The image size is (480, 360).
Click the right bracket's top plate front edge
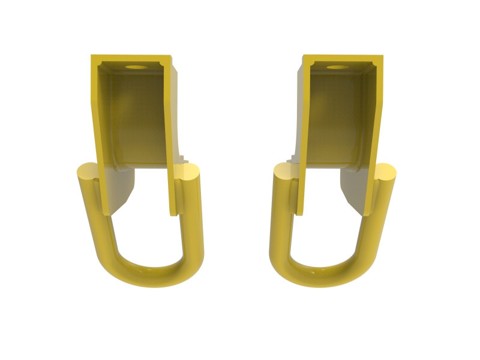point(343,59)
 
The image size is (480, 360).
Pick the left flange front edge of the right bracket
point(304,138)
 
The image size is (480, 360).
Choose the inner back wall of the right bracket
point(339,114)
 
